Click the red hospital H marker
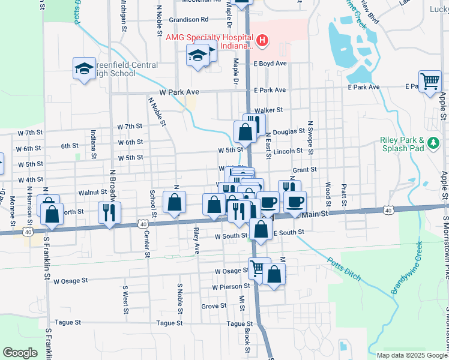pyautogui.click(x=262, y=41)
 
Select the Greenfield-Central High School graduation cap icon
pyautogui.click(x=85, y=68)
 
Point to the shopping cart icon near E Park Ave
pyautogui.click(x=430, y=82)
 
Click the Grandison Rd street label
pyautogui.click(x=188, y=19)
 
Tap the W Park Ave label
pyautogui.click(x=179, y=92)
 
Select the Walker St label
pyautogui.click(x=268, y=110)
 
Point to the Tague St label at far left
pyautogui.click(x=67, y=323)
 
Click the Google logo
pyautogui.click(x=20, y=352)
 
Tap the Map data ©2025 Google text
pyautogui.click(x=411, y=355)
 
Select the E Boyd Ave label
pyautogui.click(x=270, y=63)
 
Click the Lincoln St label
pyautogui.click(x=288, y=151)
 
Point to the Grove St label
pyautogui.click(x=214, y=306)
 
